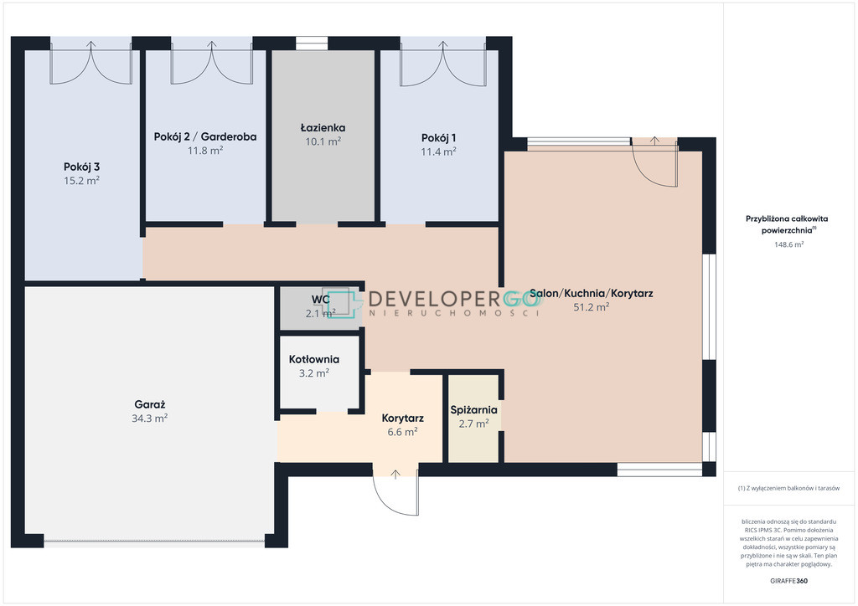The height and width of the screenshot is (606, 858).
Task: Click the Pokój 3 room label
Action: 81,167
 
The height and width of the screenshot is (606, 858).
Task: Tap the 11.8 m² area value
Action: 205,151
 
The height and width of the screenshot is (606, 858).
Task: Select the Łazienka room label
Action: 323,127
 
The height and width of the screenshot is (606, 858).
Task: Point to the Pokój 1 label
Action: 438,138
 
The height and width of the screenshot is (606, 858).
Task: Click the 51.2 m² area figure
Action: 591,307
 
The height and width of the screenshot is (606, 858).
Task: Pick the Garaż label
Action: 149,404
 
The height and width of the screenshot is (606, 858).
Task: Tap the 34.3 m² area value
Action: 149,418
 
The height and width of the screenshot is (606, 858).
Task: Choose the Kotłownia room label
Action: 314,359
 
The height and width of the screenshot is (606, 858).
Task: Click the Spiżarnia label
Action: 474,409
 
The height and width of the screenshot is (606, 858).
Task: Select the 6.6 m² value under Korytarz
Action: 402,432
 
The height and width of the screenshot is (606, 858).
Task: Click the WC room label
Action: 321,300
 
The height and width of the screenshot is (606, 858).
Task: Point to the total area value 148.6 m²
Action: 788,244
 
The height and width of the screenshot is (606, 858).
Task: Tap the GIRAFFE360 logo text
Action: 788,581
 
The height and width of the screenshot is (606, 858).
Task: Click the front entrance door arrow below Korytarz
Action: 395,475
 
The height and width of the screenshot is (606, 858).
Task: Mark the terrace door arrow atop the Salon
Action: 654,140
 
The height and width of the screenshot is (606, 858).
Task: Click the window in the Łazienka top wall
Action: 312,44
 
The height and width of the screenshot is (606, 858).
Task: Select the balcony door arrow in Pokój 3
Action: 90,45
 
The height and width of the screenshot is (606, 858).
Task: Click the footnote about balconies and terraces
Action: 788,488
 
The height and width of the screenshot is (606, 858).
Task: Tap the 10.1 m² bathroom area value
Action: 323,141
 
